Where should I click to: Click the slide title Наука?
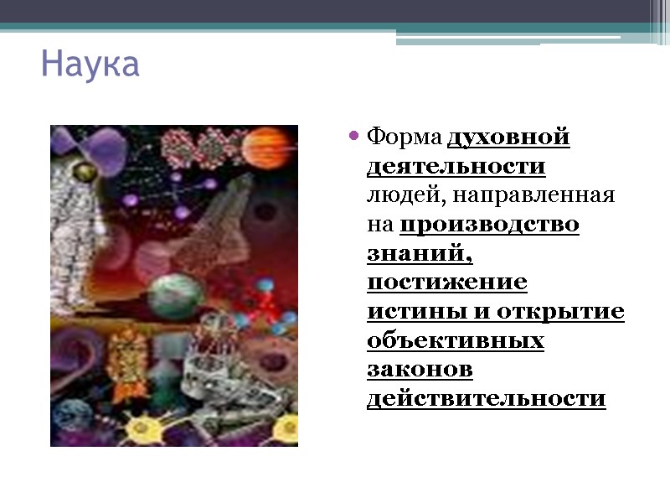point(90,64)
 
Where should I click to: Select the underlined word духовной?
point(509,136)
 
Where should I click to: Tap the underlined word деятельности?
point(456,166)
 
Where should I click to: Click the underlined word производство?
point(490,225)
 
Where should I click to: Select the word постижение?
point(447,283)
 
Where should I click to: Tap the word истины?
point(407,312)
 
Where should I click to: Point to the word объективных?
point(456,341)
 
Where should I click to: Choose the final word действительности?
point(486,399)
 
